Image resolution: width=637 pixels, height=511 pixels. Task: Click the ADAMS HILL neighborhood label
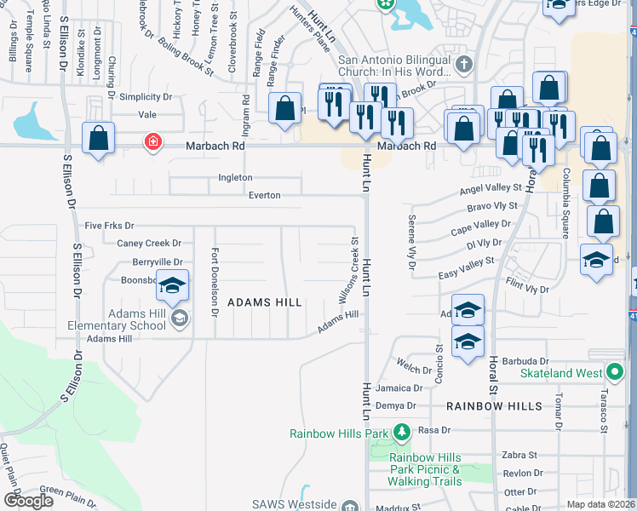point(265,302)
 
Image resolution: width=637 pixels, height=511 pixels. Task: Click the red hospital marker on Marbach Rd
point(152,141)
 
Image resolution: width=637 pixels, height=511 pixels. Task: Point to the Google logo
point(28,501)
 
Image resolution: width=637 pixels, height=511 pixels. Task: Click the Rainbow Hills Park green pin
point(401,433)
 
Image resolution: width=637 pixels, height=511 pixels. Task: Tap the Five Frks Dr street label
point(110,226)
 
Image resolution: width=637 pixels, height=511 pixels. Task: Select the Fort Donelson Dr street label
point(215,282)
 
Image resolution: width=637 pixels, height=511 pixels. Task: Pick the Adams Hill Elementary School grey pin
point(179,319)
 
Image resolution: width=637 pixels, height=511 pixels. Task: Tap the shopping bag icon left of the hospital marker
point(98,138)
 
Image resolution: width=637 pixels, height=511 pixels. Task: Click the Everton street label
point(264,195)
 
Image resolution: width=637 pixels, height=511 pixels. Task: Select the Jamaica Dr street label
point(399,388)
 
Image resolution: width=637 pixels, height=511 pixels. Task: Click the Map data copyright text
point(600,503)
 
